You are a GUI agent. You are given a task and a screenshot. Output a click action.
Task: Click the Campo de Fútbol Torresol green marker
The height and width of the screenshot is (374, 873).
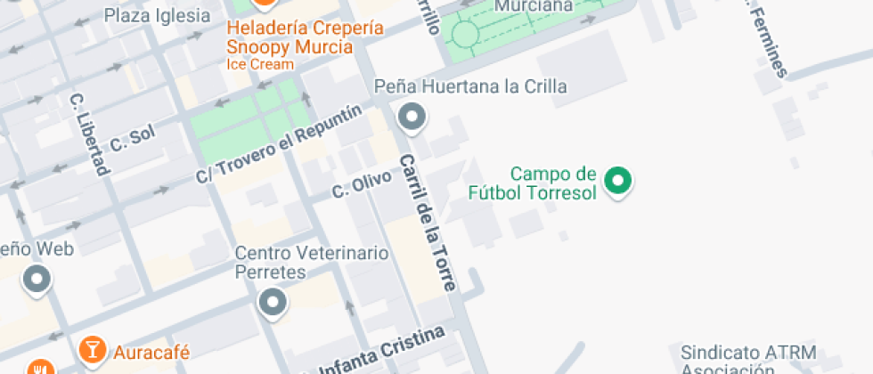(x=617, y=181)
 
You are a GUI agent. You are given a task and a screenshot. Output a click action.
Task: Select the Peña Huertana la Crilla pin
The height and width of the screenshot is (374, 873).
(x=412, y=116)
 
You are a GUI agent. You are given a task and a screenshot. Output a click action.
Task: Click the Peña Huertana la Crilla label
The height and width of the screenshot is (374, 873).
(x=470, y=87)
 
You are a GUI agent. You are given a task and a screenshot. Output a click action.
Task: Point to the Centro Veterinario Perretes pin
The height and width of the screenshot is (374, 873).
(x=273, y=302)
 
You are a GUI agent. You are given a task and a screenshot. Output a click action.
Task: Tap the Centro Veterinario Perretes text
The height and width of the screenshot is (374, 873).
(x=311, y=263)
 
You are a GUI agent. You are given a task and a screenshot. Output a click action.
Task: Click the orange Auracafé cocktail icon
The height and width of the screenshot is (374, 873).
(x=92, y=351)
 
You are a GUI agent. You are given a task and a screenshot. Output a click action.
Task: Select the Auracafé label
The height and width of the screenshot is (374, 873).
(x=151, y=353)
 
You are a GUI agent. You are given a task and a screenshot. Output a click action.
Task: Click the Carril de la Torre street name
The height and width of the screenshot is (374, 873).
(x=428, y=224)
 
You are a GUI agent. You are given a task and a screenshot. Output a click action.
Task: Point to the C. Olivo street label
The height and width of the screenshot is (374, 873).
(x=362, y=184)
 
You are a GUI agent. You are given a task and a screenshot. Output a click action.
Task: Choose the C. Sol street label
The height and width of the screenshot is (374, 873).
(x=133, y=139)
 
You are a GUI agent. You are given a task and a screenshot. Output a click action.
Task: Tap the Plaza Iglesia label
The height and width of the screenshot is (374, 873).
(x=158, y=15)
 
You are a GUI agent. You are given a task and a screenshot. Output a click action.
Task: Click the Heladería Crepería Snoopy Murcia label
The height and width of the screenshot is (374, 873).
(x=306, y=37)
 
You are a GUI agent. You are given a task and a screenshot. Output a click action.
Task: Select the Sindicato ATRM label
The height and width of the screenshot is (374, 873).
(x=747, y=352)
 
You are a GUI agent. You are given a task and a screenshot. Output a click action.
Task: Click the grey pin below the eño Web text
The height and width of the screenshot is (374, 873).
(x=37, y=280)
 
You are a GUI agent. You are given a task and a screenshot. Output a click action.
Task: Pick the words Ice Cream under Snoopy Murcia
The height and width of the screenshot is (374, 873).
(x=260, y=64)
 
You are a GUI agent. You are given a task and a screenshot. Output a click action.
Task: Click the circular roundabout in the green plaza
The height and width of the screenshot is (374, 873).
(x=465, y=35)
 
